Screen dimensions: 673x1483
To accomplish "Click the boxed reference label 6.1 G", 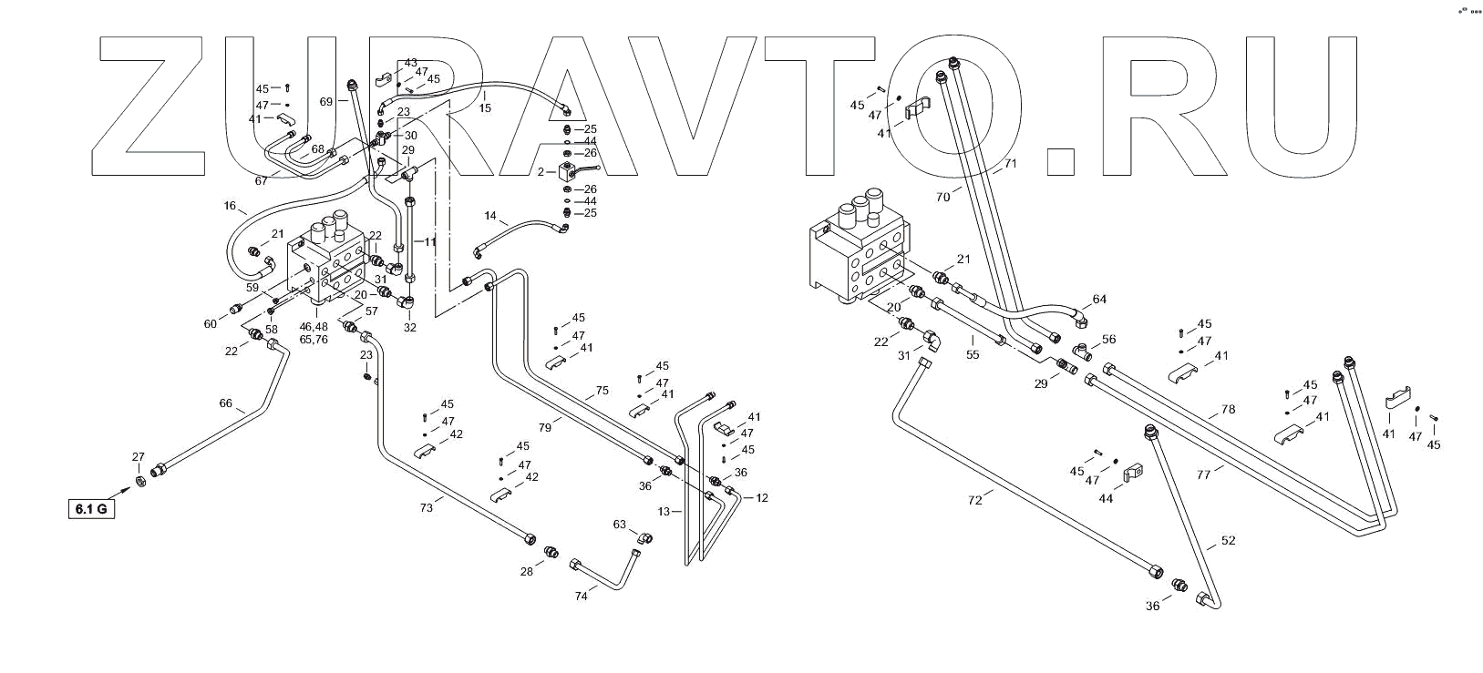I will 91,508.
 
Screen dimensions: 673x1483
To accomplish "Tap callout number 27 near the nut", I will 139,457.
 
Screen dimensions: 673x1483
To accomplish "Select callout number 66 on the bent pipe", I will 226,403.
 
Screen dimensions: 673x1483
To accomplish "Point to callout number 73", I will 426,508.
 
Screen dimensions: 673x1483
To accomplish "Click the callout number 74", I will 581,596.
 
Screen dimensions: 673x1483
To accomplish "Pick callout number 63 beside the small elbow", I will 620,525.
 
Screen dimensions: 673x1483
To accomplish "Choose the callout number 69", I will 326,102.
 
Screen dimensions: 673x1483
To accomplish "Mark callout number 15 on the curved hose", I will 485,107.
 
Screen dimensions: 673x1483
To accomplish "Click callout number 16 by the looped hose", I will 229,207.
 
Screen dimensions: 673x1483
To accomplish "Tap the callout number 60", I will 211,324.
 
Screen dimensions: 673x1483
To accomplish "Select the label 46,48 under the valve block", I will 313,327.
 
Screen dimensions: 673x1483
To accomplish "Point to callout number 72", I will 976,501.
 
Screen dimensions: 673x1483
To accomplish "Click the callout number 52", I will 1228,541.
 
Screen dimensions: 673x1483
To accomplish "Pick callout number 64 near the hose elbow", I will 1099,299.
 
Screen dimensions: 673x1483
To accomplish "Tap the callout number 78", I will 1228,410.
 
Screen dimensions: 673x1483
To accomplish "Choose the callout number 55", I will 973,354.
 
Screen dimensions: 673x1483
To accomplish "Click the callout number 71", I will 1009,164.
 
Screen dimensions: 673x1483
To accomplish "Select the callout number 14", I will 490,217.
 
